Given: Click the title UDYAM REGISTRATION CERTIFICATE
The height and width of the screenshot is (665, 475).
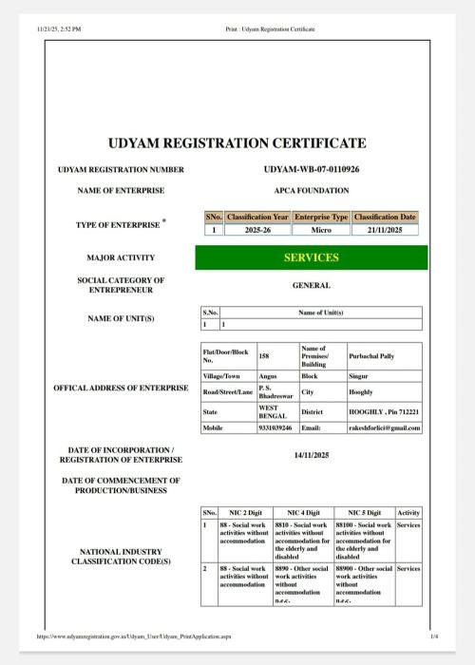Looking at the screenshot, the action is pos(237,143).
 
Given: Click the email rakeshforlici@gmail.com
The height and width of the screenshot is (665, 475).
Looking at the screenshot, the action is pos(385,427).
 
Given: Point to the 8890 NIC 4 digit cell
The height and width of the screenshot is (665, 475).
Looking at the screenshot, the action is pos(302,583).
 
